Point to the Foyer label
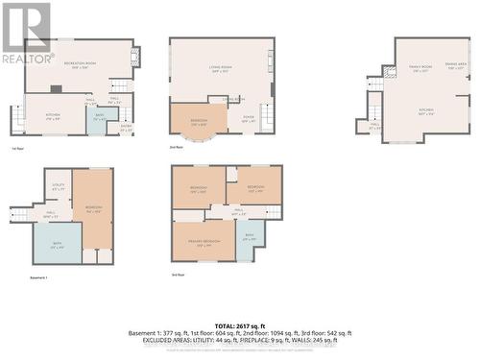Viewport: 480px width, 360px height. tap(249, 120)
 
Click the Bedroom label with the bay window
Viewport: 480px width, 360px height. tap(199, 122)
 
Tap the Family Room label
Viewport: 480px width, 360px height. tap(420, 67)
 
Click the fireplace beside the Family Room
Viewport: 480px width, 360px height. tap(389, 72)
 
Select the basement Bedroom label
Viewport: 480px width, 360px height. tap(93, 209)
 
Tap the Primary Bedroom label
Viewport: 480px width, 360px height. tap(204, 241)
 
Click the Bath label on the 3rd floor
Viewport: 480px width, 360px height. tap(249, 236)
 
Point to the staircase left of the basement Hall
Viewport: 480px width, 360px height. tap(18, 213)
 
